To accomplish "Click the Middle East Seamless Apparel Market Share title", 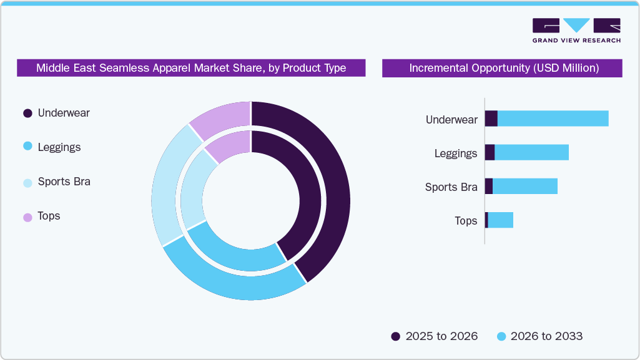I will pyautogui.click(x=190, y=68).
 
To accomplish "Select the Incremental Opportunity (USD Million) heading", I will pyautogui.click(x=503, y=68).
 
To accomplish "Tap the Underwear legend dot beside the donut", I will pyautogui.click(x=27, y=114).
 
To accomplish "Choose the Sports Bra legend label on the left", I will pyautogui.click(x=64, y=182).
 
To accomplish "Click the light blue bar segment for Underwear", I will pyautogui.click(x=553, y=119).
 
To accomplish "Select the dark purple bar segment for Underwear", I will pyautogui.click(x=491, y=119).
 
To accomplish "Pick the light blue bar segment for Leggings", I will pyautogui.click(x=531, y=152).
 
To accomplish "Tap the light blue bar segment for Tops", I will pyautogui.click(x=500, y=220).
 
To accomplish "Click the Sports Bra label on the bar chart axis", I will pyautogui.click(x=451, y=187).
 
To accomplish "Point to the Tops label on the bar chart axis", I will pyautogui.click(x=466, y=220).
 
